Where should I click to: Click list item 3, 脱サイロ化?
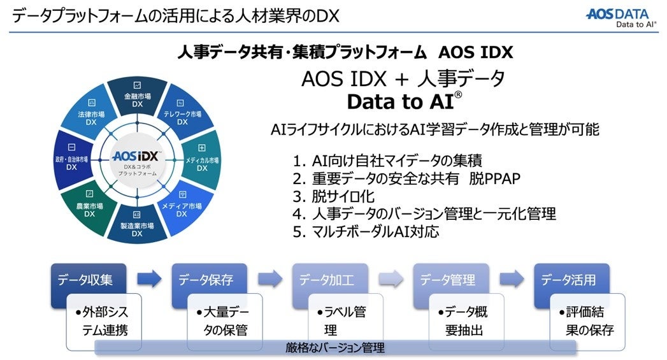coord(334,196)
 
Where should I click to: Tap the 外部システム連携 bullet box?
coord(104,322)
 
